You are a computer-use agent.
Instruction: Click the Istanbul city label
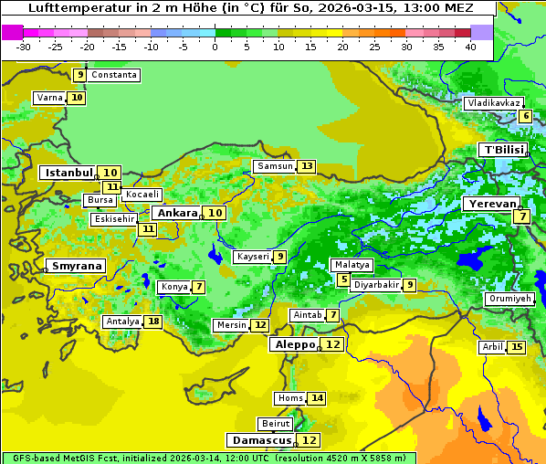(68, 172)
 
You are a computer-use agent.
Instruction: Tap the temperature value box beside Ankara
(215, 213)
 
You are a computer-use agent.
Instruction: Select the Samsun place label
(275, 166)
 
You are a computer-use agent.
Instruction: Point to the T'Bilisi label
(503, 150)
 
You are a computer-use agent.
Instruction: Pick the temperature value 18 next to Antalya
(153, 322)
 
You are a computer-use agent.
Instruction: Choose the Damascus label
(260, 440)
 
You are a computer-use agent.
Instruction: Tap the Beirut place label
(276, 424)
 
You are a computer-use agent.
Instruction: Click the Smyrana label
(78, 267)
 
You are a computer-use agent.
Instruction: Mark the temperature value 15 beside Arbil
(517, 347)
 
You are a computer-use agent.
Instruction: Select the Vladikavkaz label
(494, 103)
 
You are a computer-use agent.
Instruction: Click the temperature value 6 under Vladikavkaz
(525, 116)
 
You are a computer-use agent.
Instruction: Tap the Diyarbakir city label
(376, 285)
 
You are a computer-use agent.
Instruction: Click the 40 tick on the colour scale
(470, 47)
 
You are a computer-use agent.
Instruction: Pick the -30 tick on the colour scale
(24, 47)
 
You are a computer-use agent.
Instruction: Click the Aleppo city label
(294, 344)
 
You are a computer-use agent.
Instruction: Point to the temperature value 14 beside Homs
(317, 398)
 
